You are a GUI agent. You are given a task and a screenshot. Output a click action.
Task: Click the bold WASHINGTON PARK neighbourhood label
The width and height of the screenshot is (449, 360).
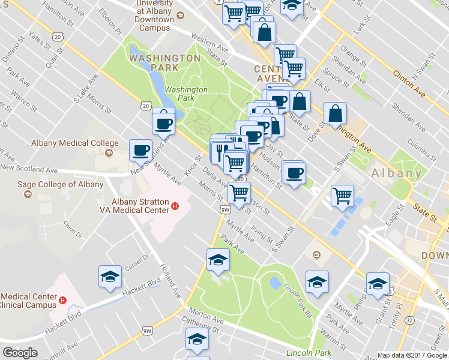[x=164, y=58]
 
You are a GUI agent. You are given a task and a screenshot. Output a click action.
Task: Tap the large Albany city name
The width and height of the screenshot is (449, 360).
[x=396, y=173]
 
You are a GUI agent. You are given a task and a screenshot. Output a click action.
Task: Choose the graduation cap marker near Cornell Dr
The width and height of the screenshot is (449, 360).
[x=110, y=276]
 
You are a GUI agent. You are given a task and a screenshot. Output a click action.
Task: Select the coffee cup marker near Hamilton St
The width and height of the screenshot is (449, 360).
[x=294, y=173]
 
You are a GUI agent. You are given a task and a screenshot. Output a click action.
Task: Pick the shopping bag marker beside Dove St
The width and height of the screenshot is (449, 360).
[x=336, y=112]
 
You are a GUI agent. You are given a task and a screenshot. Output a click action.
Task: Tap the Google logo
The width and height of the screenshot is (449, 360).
[x=20, y=353]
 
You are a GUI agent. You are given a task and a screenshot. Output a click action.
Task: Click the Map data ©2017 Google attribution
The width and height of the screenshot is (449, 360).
[x=412, y=355]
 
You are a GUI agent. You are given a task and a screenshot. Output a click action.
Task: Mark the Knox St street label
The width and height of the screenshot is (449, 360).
[x=193, y=167]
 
